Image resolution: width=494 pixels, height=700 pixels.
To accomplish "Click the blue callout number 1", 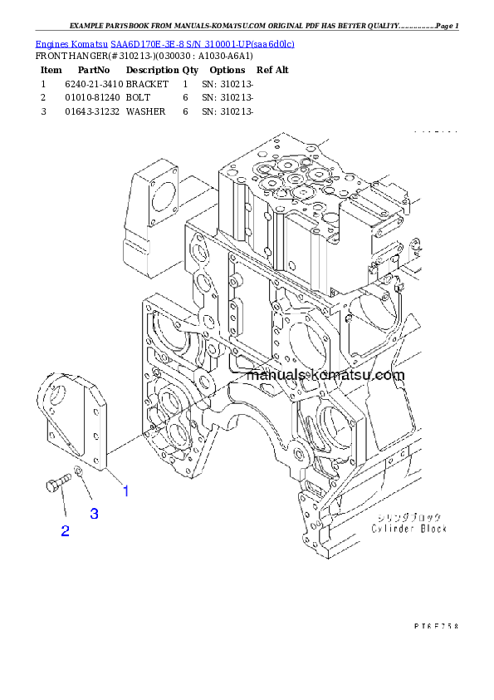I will pos(125,490).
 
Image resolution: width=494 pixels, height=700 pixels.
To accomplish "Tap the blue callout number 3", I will pos(95,514).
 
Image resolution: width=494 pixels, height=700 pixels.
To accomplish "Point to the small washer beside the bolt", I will pos(77,473).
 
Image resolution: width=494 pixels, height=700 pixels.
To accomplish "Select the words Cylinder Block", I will pos(408,529).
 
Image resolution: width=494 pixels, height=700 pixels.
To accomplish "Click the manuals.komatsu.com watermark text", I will pos(325,376).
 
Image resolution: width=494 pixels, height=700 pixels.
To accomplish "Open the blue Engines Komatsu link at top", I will pos(164,43).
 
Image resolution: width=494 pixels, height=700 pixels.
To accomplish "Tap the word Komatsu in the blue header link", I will pos(90,43).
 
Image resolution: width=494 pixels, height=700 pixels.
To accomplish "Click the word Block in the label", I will pos(432,529).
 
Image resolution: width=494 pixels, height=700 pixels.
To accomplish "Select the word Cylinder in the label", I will pos(391,529).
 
